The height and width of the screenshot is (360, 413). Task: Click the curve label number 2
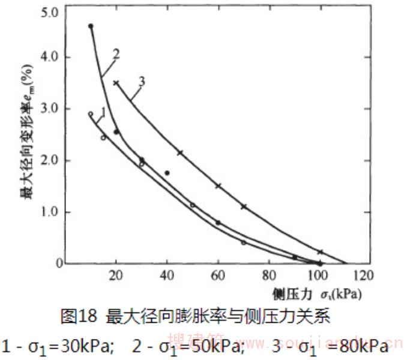116,53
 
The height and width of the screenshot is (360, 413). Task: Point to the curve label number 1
103,111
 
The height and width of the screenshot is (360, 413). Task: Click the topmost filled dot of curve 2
91,26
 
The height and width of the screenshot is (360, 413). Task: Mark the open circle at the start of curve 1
91,114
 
